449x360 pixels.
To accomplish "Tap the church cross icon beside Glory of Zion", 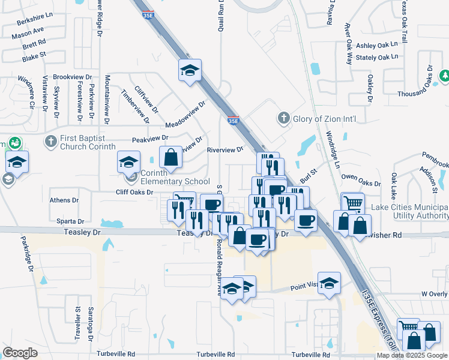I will coord(284,118).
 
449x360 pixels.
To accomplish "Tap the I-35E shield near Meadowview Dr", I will coord(233,121).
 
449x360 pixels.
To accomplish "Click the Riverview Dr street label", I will coord(225,149).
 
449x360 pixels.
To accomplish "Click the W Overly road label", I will coord(434,294).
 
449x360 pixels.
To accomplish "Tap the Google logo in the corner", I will coord(20,353).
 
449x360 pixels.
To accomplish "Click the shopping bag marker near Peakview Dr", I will coord(171,157).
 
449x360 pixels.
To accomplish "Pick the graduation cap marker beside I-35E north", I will coord(190,70).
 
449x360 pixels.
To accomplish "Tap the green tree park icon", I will coord(445,76).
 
